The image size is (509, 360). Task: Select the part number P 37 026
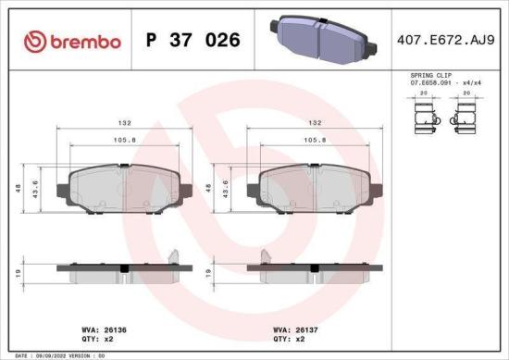[x=193, y=41]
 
